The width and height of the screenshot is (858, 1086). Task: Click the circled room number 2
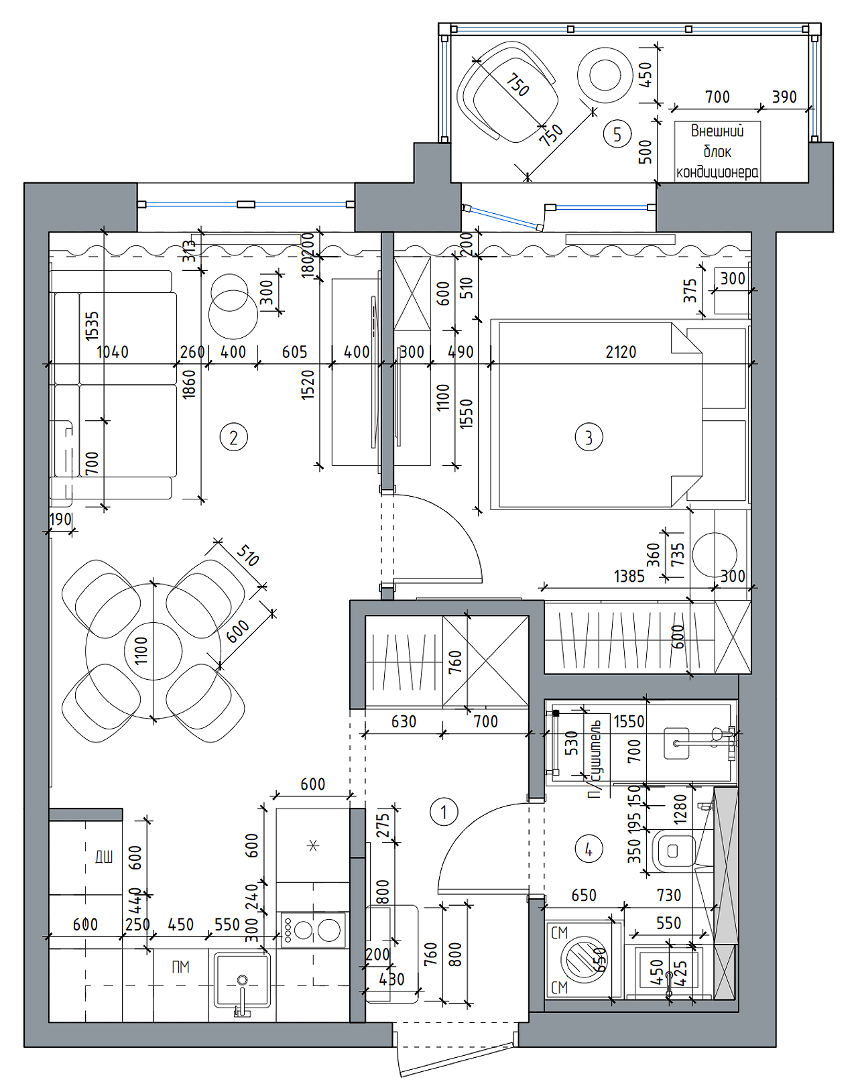tap(233, 438)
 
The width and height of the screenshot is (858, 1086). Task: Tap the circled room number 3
tap(589, 438)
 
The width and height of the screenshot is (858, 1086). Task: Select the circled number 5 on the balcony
tap(617, 134)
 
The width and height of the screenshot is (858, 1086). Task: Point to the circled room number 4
tap(589, 850)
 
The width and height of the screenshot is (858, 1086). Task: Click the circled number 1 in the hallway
tap(443, 812)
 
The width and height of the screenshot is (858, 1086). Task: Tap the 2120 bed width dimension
tap(621, 353)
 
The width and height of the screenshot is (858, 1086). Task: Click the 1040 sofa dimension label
tap(113, 353)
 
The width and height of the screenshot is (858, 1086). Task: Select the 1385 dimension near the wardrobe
tap(629, 577)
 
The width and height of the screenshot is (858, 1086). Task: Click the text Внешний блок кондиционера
tap(717, 152)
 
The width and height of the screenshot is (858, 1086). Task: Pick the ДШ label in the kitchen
tap(104, 857)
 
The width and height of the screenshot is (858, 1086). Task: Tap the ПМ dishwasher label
tap(180, 967)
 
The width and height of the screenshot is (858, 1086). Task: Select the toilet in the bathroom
tap(672, 851)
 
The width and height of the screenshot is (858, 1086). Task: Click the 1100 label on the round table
tap(141, 650)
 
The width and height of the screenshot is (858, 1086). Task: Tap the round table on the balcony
tap(605, 75)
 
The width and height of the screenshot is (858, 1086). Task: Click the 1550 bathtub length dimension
tap(629, 722)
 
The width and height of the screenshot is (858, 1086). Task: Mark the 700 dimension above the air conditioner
tap(717, 98)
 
